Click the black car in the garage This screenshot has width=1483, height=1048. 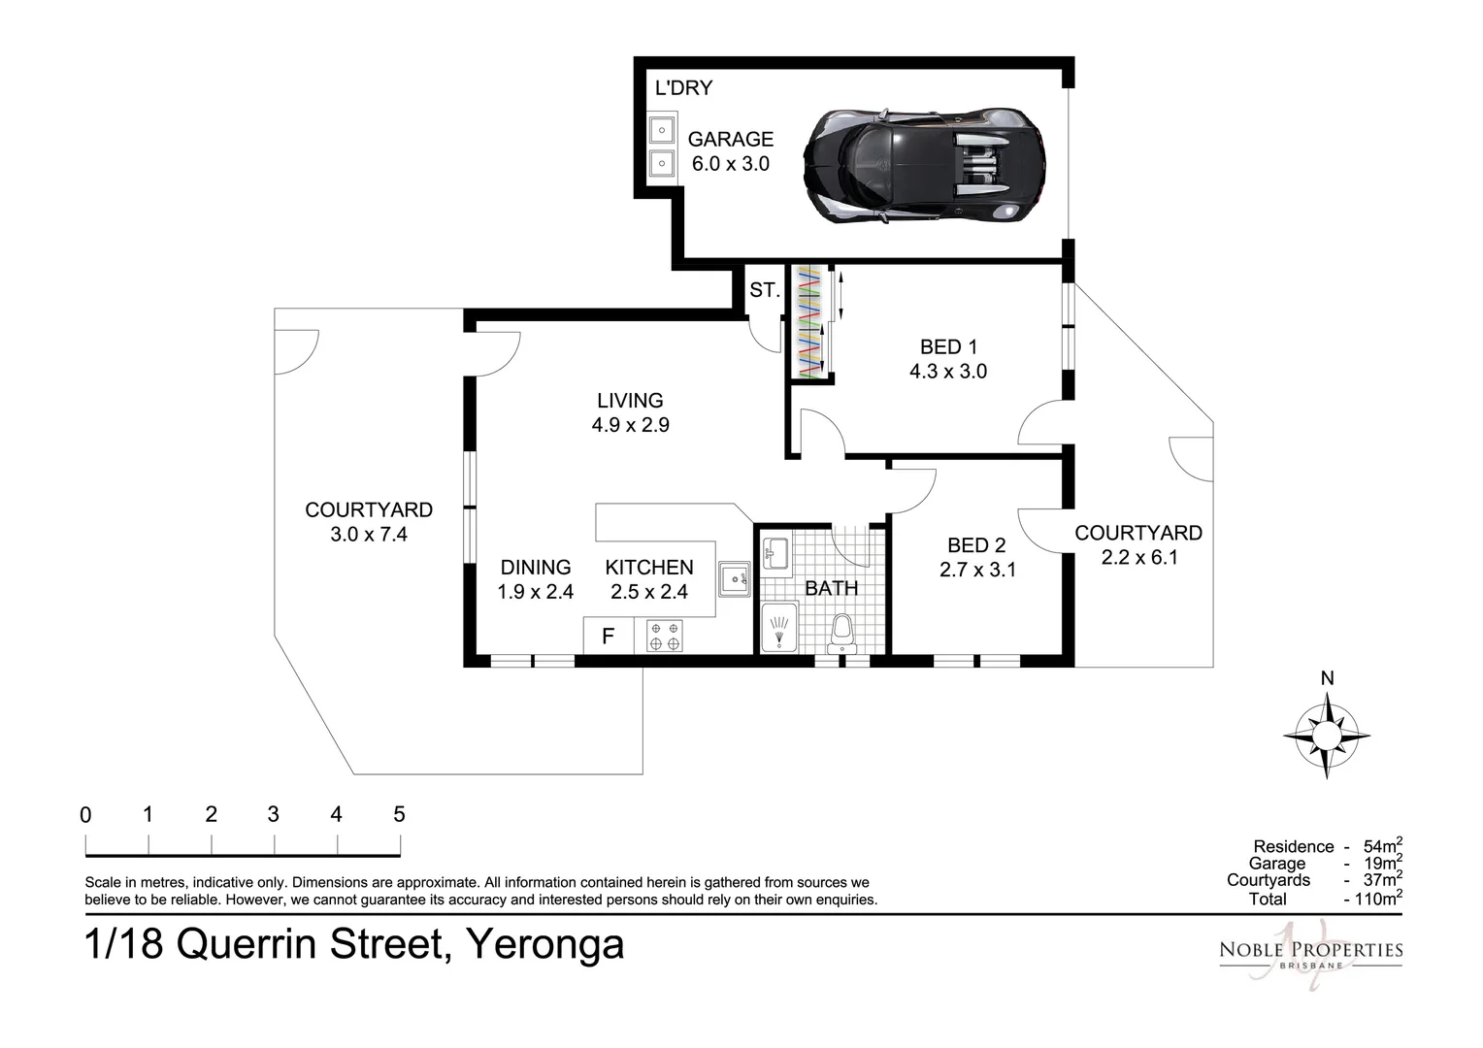(x=924, y=165)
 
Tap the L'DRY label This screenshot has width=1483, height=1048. (x=683, y=88)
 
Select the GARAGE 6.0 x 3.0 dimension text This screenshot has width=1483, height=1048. (x=730, y=164)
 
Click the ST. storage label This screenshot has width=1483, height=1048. (x=764, y=289)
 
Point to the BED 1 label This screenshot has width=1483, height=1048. (x=947, y=347)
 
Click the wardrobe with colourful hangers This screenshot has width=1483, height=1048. (x=809, y=321)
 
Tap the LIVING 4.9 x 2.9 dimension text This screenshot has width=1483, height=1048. (x=630, y=425)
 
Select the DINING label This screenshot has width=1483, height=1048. (x=536, y=568)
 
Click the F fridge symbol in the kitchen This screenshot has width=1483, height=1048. (x=609, y=637)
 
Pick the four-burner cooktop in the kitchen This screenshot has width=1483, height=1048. (x=665, y=636)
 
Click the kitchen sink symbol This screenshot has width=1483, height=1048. (x=734, y=579)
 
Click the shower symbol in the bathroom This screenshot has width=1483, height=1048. (x=778, y=627)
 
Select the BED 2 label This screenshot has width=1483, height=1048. (x=976, y=545)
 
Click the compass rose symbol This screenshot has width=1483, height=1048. (x=1327, y=736)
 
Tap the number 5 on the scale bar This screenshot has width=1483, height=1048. (x=399, y=815)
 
